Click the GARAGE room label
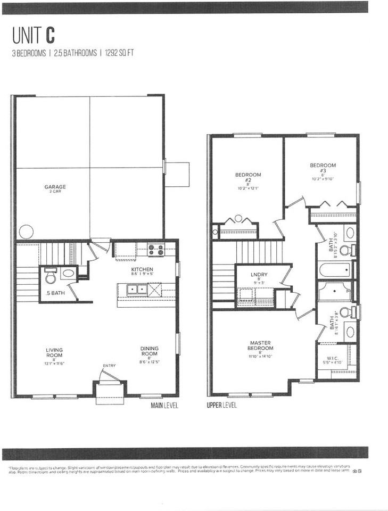55,187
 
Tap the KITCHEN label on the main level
142,270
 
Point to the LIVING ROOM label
54,353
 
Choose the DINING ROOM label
150,352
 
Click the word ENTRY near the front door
109,366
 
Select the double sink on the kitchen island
134,289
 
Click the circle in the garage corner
26,232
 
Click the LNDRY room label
259,275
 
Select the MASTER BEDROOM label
261,345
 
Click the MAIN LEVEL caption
164,406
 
